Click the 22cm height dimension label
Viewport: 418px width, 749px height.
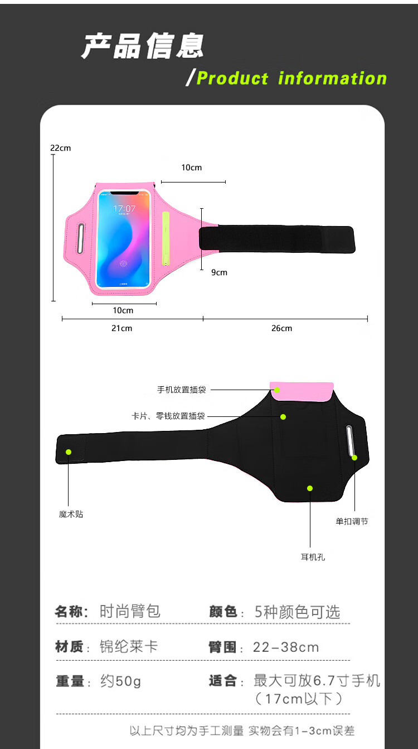[60, 148]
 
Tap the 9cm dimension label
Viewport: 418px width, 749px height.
[220, 272]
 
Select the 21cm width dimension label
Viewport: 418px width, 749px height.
[122, 328]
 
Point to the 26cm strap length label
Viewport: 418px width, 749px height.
[282, 328]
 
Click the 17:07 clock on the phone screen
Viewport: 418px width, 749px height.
[124, 209]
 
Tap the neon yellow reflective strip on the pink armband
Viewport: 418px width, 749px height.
[166, 238]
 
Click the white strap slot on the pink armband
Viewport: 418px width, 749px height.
[80, 238]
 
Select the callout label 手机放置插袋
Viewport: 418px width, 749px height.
[182, 390]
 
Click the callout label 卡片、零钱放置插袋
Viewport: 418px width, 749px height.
[168, 416]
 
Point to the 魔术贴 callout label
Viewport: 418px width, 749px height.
[71, 514]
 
